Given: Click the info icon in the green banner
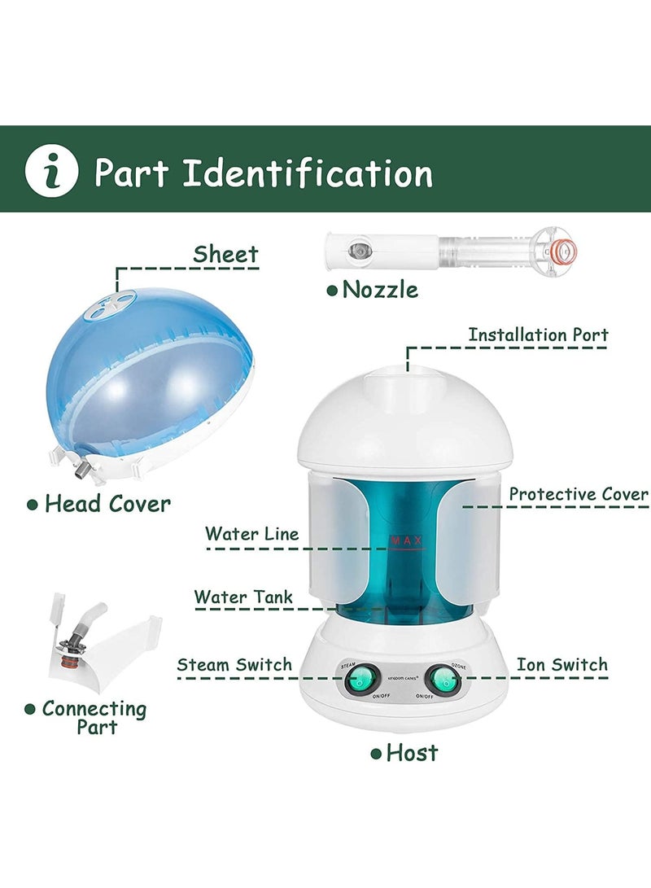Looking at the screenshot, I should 51,172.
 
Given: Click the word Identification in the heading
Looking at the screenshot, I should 308,173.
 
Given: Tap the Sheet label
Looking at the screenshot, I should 225,254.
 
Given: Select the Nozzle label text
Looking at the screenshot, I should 380,289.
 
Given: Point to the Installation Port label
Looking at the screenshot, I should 538,335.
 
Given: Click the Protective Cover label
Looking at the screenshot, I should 579,494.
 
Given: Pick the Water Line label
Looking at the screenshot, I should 251,534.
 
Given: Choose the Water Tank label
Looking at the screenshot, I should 243,597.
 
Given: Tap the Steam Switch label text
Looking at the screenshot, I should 234,664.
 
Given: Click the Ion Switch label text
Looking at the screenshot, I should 561,664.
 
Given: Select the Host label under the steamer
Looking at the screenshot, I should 412,752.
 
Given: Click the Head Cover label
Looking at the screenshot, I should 107,504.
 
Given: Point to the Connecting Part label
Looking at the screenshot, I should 94,717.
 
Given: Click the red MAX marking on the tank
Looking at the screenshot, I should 408,540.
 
